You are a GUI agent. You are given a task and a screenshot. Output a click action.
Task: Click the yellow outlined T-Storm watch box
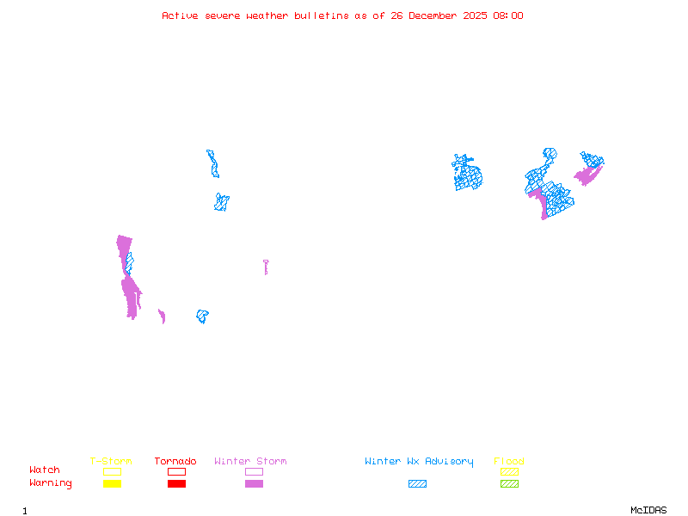112,471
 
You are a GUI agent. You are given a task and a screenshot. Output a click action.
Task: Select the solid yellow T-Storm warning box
112,483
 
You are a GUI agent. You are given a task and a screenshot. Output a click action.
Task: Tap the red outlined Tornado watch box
176,471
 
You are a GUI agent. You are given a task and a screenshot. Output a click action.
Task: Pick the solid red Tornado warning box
176,483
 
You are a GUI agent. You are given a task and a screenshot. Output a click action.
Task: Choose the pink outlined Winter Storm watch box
254,471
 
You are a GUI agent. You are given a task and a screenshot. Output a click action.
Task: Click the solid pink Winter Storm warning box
254,483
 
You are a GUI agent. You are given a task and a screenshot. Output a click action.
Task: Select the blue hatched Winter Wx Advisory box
417,483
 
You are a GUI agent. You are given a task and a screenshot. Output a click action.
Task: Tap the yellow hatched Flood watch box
509,471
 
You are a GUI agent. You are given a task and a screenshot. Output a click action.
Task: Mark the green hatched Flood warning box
509,483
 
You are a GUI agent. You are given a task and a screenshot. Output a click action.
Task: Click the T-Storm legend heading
111,461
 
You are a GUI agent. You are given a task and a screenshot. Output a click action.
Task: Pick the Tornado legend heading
175,461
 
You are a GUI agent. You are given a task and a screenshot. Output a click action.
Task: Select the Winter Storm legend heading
250,461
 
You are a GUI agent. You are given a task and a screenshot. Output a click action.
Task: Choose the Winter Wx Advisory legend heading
419,461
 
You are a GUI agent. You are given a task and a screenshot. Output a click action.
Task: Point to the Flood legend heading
509,461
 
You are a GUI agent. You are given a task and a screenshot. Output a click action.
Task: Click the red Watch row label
45,470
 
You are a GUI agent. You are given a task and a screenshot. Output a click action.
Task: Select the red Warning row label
51,483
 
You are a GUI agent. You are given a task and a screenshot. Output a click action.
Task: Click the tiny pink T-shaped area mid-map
266,266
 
